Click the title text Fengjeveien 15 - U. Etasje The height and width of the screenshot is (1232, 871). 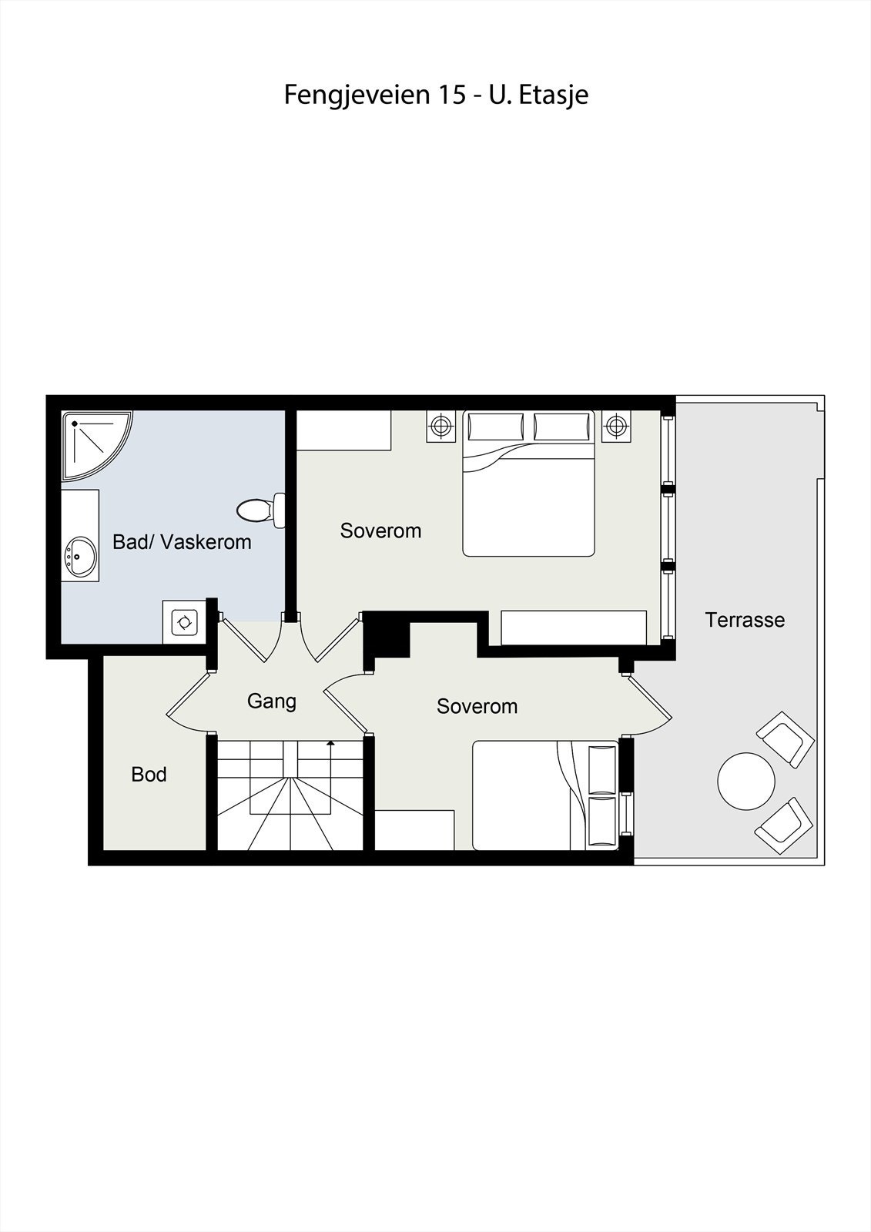[x=436, y=95]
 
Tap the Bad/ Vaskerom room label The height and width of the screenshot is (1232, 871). [x=182, y=542]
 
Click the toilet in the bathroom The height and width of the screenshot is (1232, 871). [x=260, y=510]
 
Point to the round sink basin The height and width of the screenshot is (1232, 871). [x=80, y=555]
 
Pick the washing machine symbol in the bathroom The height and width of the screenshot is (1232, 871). [x=185, y=621]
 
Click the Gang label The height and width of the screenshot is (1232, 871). [x=271, y=701]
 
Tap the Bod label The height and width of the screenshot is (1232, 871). [x=149, y=775]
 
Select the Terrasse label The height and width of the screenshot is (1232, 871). [x=745, y=620]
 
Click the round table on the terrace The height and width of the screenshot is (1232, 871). [x=745, y=781]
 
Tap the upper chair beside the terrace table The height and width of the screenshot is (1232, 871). [x=786, y=738]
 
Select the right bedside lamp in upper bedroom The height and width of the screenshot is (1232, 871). [x=615, y=426]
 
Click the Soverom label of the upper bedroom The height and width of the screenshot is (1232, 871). [x=380, y=531]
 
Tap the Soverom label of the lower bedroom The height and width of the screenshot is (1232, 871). [x=477, y=706]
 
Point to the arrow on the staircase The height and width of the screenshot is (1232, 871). [x=330, y=744]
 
